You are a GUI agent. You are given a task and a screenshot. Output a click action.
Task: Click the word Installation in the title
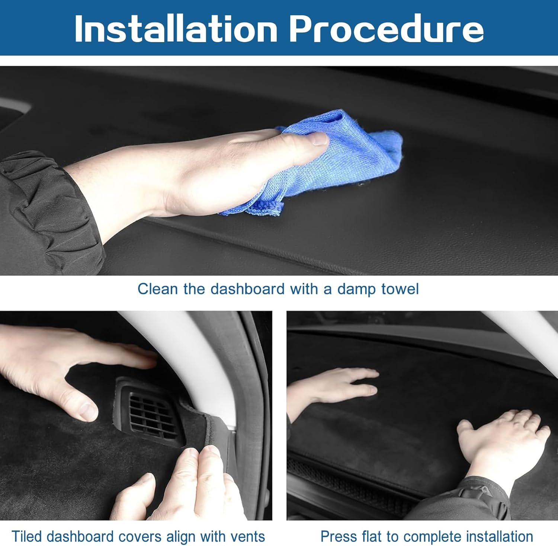point(176,29)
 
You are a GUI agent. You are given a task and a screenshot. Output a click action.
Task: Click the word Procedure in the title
point(386,29)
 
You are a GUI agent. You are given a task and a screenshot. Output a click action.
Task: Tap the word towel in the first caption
point(400,289)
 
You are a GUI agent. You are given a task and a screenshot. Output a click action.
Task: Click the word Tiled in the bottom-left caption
point(26,537)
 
